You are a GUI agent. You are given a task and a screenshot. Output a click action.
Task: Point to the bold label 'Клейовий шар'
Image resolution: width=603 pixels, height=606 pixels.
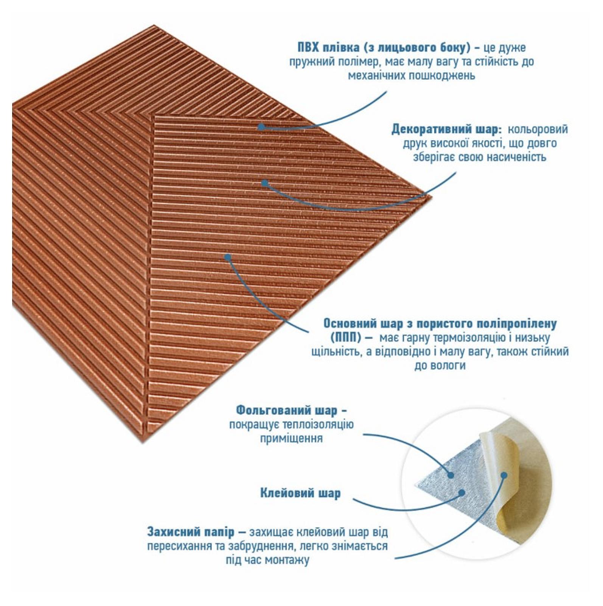(300, 493)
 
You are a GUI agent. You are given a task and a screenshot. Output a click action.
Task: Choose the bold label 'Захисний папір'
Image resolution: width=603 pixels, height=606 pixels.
(191, 532)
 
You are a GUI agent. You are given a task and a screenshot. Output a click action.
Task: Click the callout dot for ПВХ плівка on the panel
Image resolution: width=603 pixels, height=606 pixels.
(261, 127)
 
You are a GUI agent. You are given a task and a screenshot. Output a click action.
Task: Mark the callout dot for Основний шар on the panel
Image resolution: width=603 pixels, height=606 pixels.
(228, 257)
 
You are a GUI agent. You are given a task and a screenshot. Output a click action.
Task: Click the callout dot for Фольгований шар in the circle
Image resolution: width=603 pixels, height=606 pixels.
(451, 475)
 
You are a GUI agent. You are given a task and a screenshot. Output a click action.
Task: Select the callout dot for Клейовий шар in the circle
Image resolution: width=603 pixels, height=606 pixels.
(462, 492)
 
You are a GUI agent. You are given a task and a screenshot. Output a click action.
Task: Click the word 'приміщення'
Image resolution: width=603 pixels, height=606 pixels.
(291, 438)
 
